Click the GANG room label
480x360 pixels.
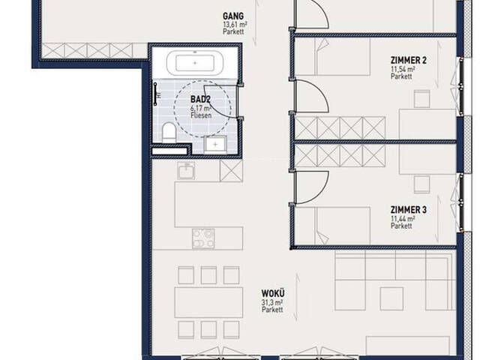[233, 16]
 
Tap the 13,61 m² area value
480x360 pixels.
[235, 24]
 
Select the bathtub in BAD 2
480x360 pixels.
[195, 63]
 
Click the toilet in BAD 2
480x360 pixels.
[168, 133]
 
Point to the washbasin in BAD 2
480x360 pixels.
[215, 143]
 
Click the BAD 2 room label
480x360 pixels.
[201, 99]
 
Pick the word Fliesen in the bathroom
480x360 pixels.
[201, 115]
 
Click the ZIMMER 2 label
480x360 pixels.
[408, 60]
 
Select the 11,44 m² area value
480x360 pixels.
[403, 218]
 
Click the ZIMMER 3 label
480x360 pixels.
[408, 210]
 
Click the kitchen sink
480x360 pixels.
[186, 171]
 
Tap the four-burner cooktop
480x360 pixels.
[203, 238]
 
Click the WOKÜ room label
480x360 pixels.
[273, 293]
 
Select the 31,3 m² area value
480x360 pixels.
[271, 302]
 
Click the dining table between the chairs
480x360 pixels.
[208, 302]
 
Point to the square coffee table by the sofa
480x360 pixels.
[391, 298]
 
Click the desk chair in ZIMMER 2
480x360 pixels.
[422, 98]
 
